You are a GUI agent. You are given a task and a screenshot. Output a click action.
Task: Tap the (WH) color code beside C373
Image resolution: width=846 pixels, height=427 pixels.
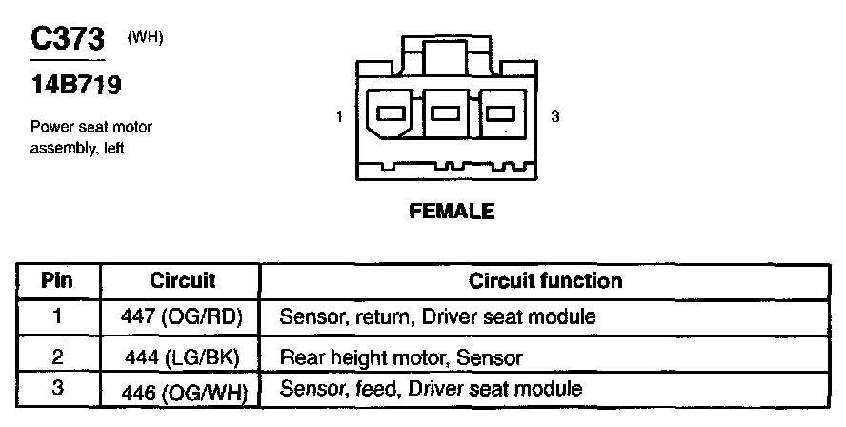pyautogui.click(x=144, y=37)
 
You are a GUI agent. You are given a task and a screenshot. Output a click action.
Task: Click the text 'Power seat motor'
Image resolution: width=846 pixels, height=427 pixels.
pyautogui.click(x=91, y=126)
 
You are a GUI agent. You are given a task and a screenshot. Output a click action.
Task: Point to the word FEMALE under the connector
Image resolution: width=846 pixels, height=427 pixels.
pyautogui.click(x=452, y=212)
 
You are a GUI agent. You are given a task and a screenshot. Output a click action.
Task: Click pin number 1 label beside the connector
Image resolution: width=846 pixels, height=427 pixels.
pyautogui.click(x=340, y=117)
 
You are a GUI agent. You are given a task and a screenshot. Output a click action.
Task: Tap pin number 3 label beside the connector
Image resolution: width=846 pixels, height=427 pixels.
pyautogui.click(x=554, y=117)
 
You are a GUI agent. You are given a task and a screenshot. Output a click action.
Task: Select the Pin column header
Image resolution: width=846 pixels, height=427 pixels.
pyautogui.click(x=58, y=281)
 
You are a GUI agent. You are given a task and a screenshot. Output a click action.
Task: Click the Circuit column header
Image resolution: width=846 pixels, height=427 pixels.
pyautogui.click(x=183, y=281)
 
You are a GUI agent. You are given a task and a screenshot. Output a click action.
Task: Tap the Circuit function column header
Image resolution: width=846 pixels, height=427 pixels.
pyautogui.click(x=545, y=281)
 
